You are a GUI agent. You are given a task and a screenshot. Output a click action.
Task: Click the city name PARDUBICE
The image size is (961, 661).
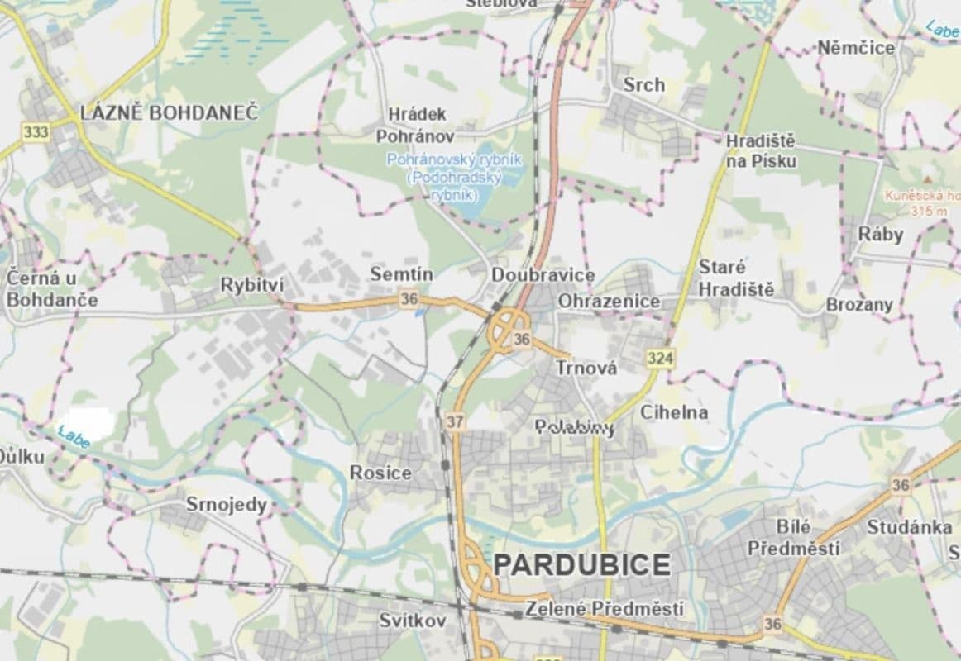tap(581, 565)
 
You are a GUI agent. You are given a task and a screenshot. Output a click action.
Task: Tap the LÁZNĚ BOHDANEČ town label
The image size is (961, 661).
tap(169, 113)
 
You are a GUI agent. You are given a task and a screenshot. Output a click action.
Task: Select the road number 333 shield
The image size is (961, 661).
tap(36, 132)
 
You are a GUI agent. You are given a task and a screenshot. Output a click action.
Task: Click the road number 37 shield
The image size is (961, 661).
tap(454, 421)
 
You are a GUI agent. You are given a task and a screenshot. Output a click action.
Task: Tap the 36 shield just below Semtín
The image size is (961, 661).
tap(409, 299)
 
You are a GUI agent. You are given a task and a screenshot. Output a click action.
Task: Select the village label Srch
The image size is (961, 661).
tap(643, 84)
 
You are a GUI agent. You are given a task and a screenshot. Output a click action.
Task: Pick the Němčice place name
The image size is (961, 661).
tap(856, 48)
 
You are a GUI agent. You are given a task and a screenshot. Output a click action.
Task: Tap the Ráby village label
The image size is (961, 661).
tap(880, 234)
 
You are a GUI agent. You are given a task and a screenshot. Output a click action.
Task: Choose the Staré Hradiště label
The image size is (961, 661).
tap(735, 278)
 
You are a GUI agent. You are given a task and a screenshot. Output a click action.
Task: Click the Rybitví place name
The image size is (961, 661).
tap(251, 284)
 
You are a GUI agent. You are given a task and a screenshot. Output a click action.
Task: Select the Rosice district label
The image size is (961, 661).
tap(380, 473)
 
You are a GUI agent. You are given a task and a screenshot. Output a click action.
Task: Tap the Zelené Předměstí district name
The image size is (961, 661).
tap(605, 610)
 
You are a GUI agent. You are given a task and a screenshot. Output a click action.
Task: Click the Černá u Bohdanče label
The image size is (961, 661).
tap(51, 288)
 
